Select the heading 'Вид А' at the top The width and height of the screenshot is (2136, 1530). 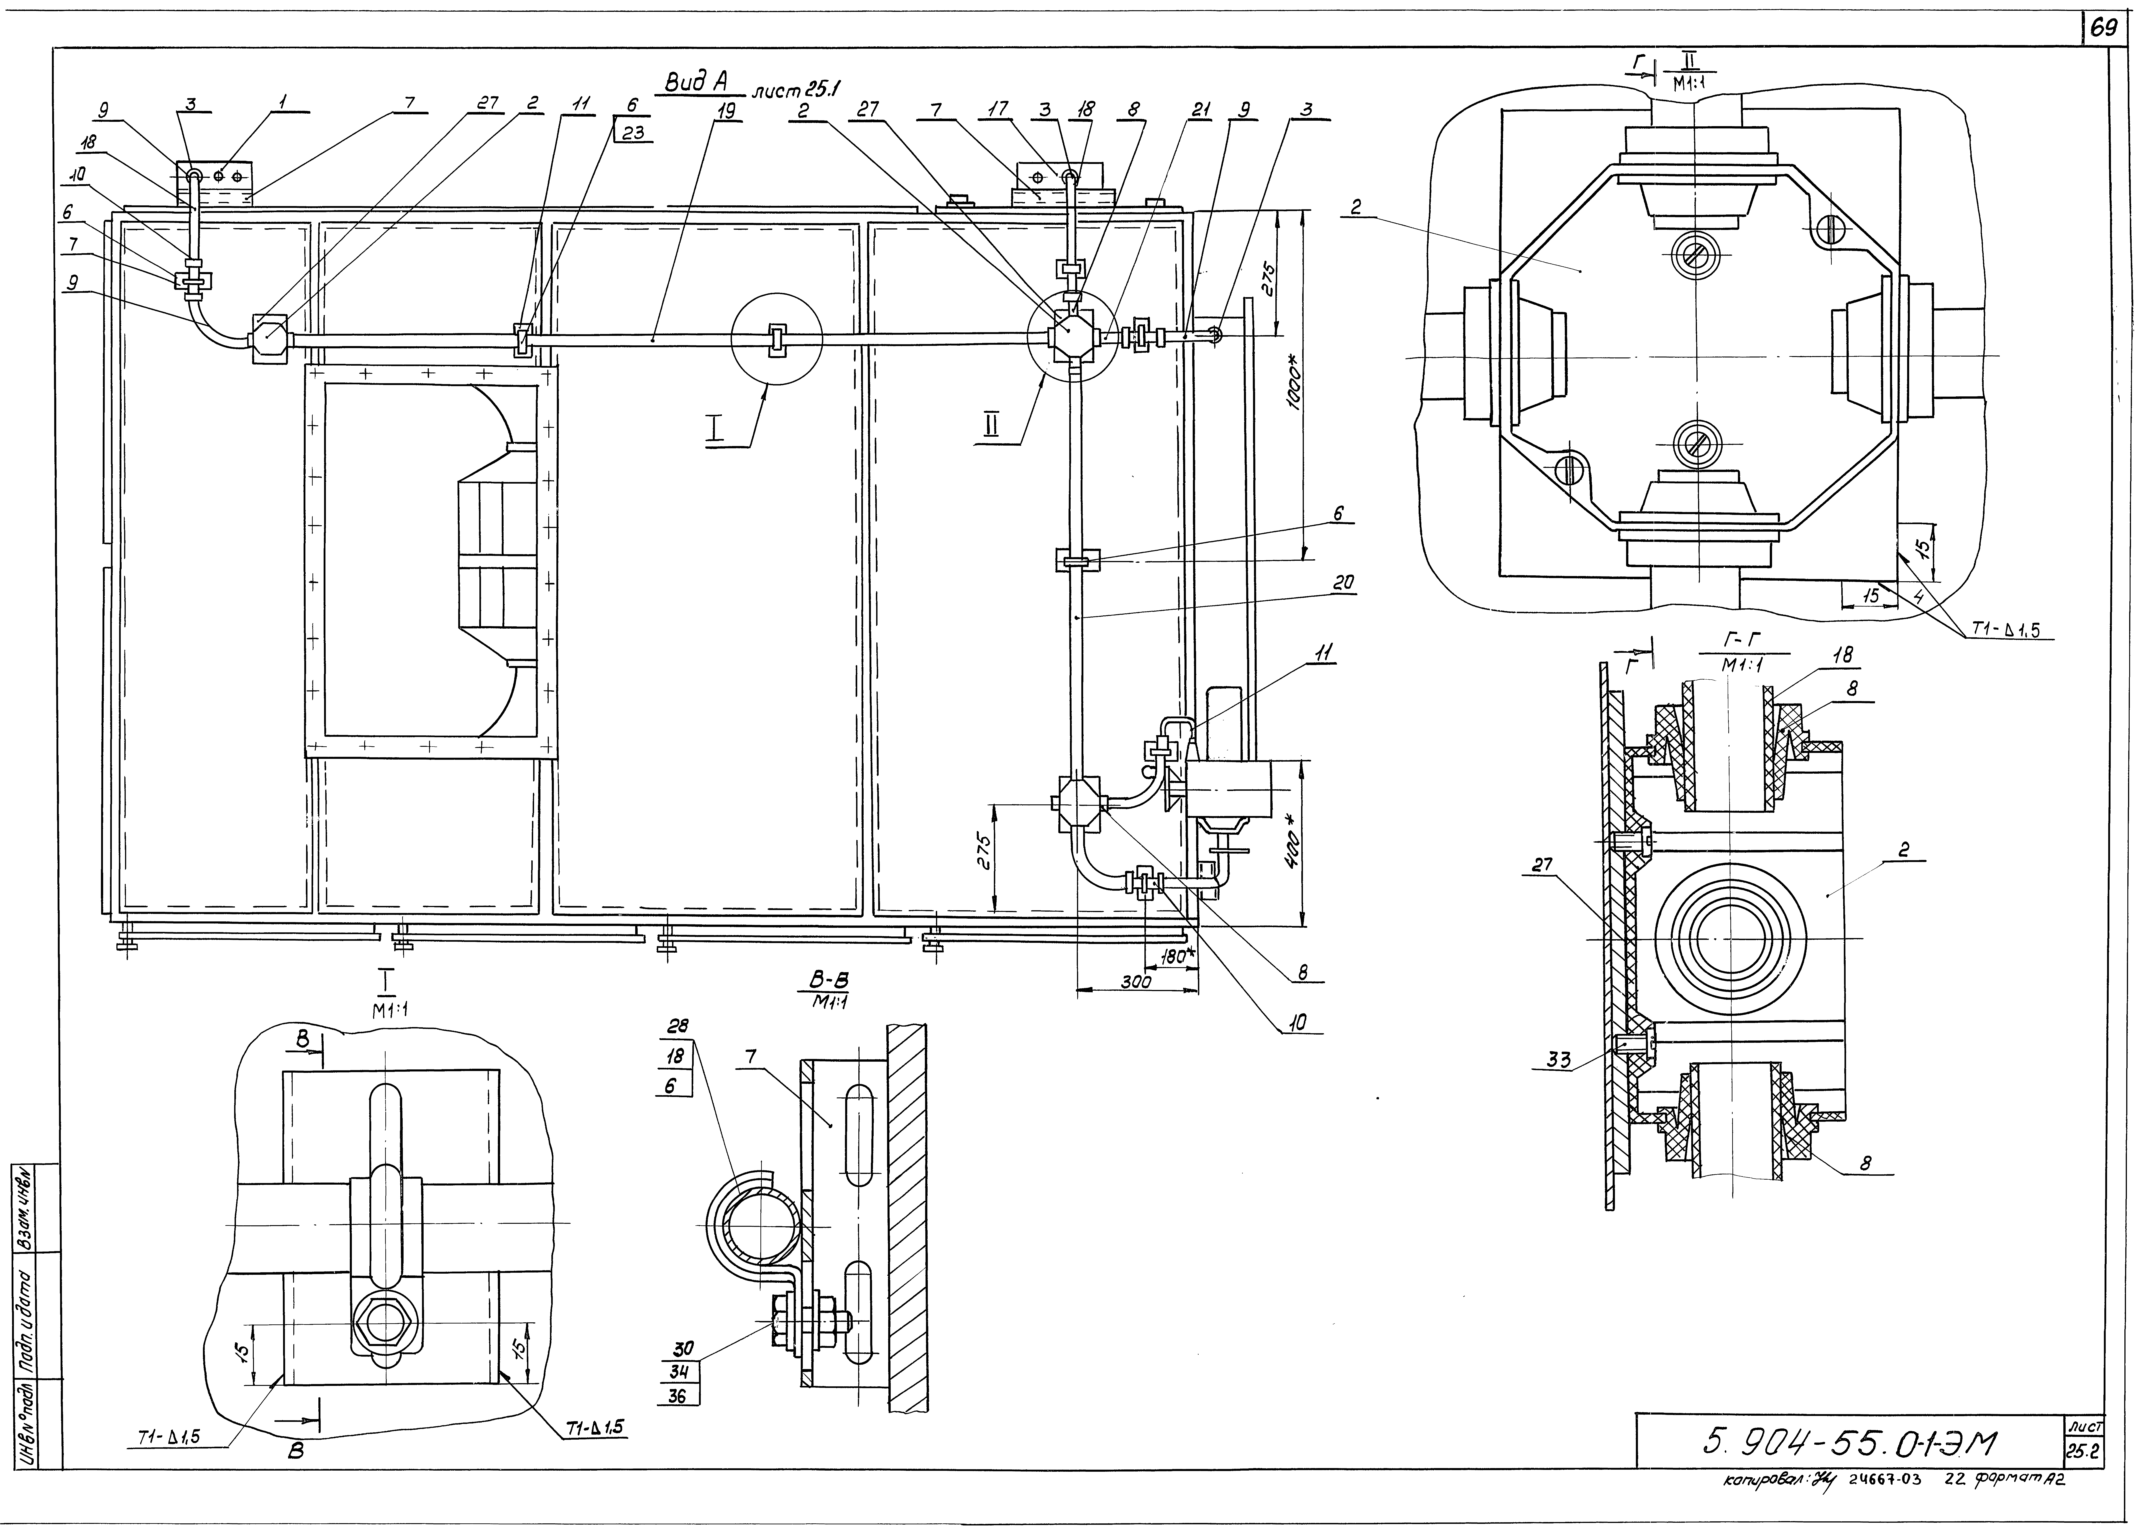(699, 84)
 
